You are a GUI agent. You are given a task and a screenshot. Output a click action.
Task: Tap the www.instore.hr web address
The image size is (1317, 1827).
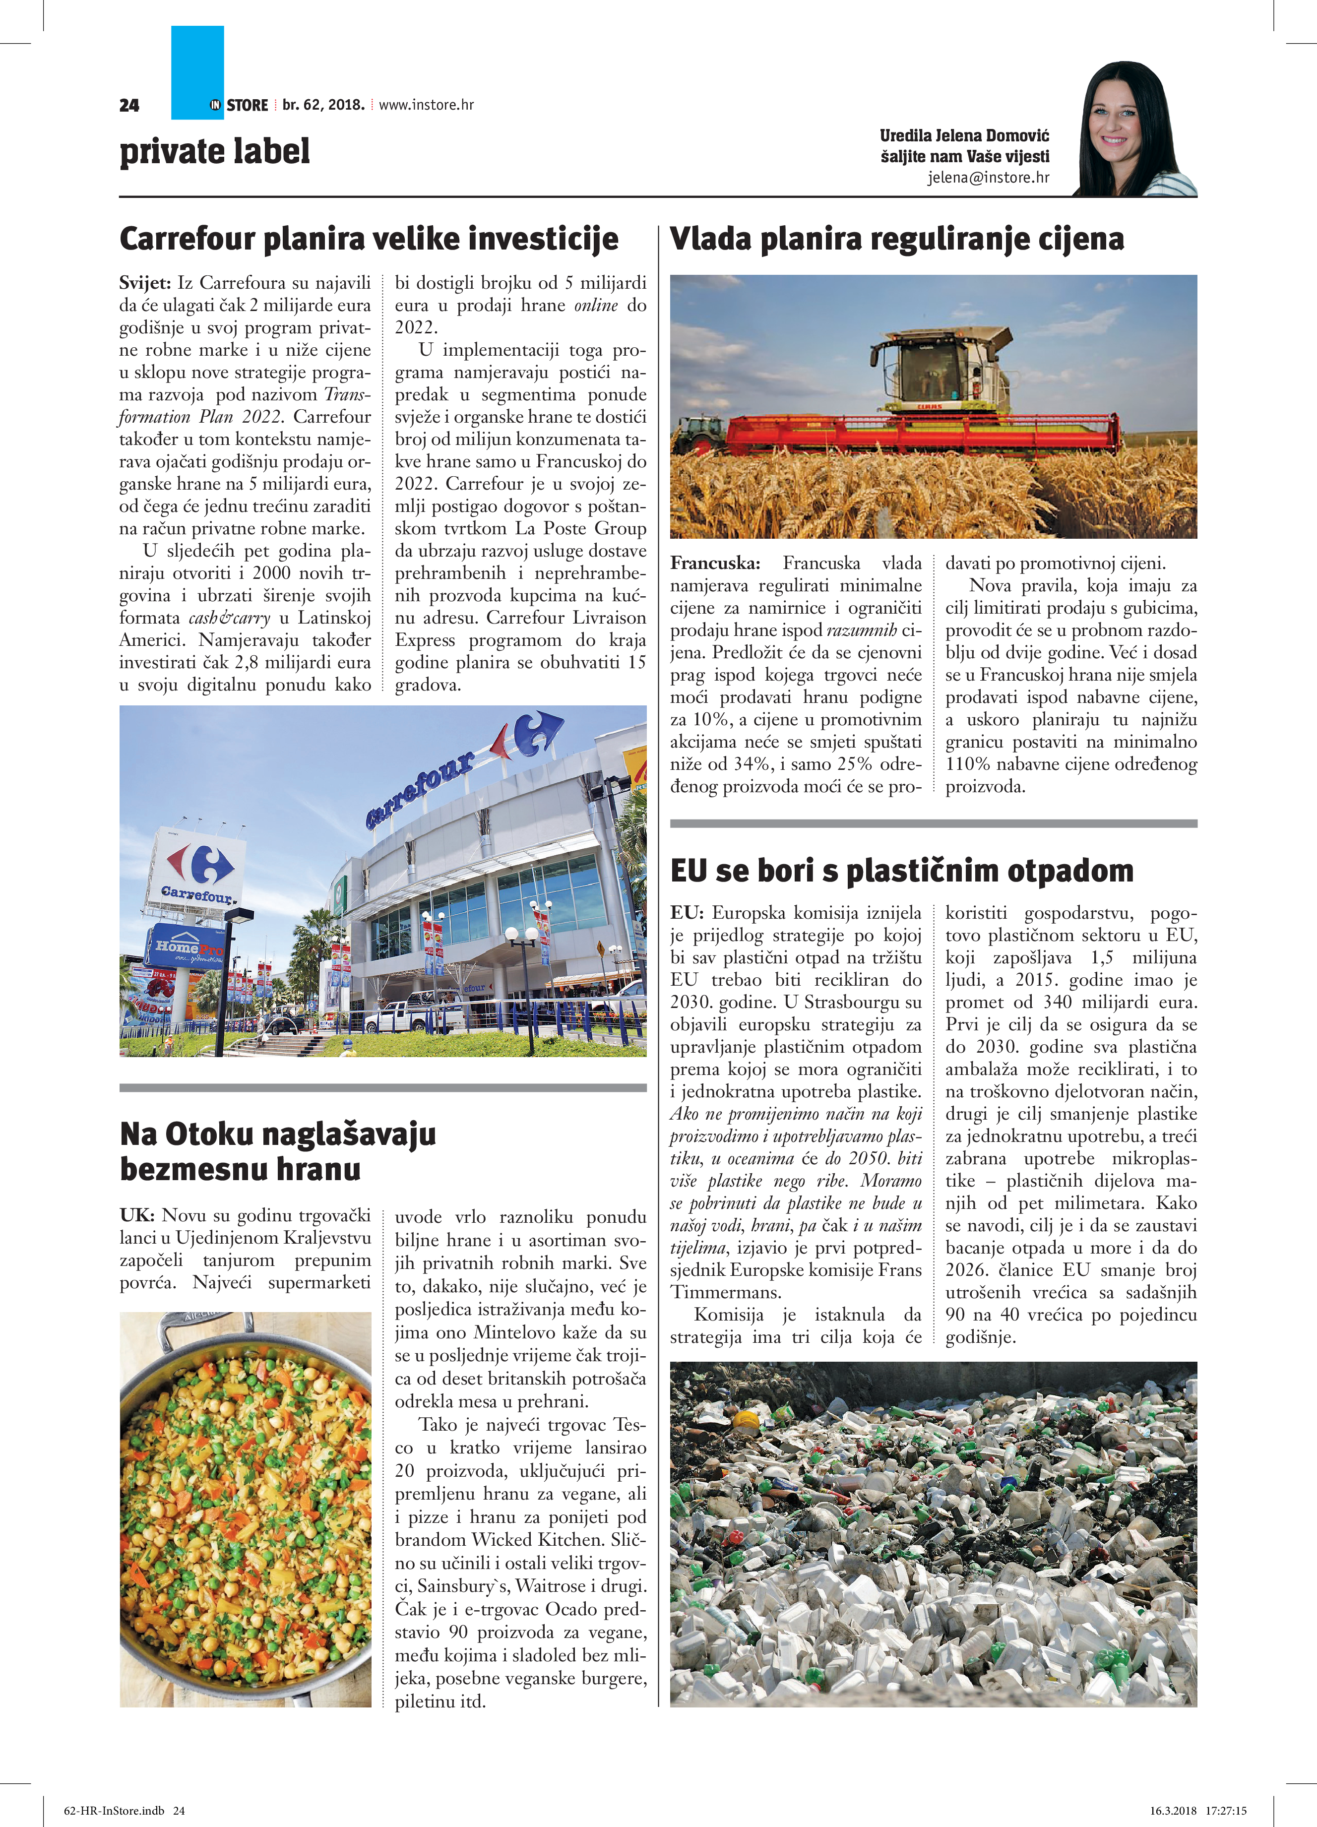[x=426, y=105]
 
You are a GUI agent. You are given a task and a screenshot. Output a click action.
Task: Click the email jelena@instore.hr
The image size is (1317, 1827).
[x=988, y=177]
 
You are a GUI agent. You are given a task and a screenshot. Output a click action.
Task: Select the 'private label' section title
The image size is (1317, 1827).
[x=214, y=151]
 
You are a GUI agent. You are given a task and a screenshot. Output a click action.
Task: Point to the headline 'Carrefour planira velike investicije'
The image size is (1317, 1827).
[x=369, y=239]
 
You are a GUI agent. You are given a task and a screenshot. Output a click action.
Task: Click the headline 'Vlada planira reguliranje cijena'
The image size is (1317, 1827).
[x=896, y=239]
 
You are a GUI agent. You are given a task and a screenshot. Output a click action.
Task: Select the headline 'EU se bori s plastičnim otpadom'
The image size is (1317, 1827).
[x=901, y=871]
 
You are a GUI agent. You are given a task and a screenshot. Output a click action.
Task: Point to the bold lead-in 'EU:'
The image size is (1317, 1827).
[x=687, y=913]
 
